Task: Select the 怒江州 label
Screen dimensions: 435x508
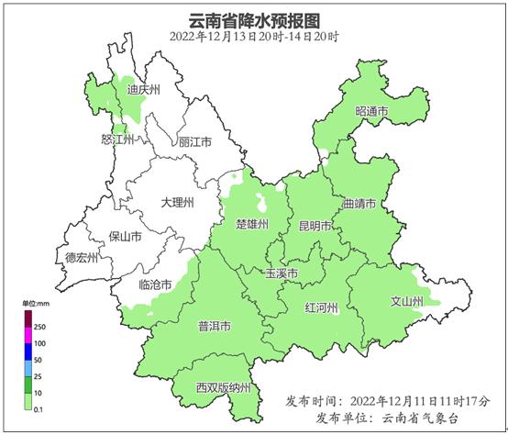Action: pyautogui.click(x=117, y=139)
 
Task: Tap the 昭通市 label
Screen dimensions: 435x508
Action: pyautogui.click(x=371, y=112)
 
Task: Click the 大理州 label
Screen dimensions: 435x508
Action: pyautogui.click(x=177, y=202)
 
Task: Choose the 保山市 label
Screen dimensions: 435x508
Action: pyautogui.click(x=125, y=237)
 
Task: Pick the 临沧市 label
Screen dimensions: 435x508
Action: pyautogui.click(x=156, y=285)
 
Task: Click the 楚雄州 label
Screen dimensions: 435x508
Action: pyautogui.click(x=252, y=225)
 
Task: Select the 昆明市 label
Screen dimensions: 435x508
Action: pyautogui.click(x=315, y=226)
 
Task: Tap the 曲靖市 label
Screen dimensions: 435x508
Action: pyautogui.click(x=359, y=205)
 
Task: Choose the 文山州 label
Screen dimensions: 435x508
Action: pyautogui.click(x=407, y=301)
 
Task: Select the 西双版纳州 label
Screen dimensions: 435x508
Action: pyautogui.click(x=223, y=388)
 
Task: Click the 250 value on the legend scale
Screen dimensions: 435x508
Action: pyautogui.click(x=39, y=326)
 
